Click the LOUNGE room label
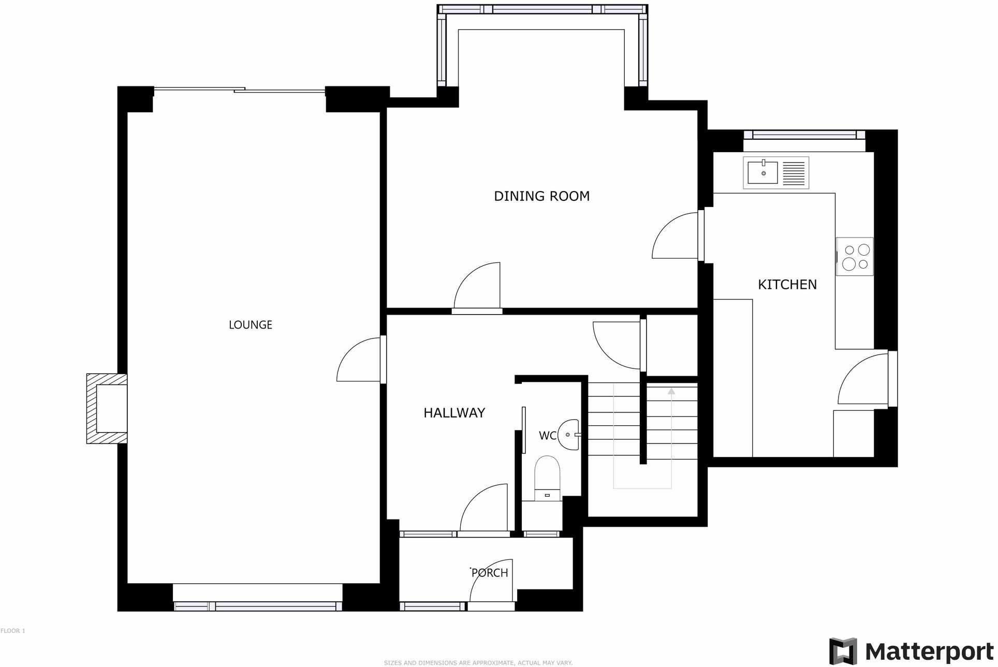tap(251, 324)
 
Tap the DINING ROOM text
tap(541, 196)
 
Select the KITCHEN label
tap(787, 285)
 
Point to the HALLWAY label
tap(454, 413)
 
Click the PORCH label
tap(490, 573)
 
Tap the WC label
tap(547, 436)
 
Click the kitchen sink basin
tap(762, 172)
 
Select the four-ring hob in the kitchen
tap(855, 257)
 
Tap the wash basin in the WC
tap(569, 435)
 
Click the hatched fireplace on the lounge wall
tap(106, 408)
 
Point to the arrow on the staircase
tap(671, 392)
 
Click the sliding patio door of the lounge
tap(239, 90)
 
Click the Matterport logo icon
tap(843, 651)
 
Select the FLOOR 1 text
tap(13, 631)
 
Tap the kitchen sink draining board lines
tap(794, 173)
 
